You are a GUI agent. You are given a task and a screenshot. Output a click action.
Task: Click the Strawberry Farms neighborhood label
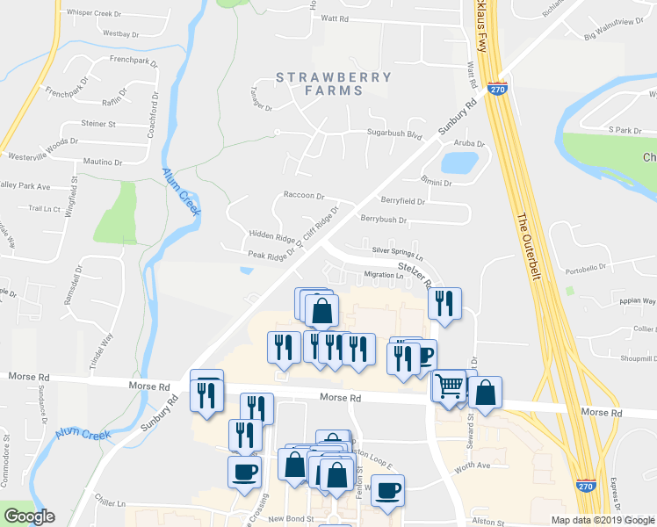point(334,83)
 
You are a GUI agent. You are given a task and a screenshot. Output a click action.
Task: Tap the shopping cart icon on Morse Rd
point(448,385)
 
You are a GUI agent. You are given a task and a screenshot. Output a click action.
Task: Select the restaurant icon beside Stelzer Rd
point(444,304)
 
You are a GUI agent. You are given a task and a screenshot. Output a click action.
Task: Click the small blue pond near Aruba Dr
point(459,162)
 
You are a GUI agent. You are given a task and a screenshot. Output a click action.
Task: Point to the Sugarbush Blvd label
point(394,134)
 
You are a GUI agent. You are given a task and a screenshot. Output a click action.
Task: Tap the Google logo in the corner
point(28,516)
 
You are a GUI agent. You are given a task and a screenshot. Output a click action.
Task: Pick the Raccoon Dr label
point(304,196)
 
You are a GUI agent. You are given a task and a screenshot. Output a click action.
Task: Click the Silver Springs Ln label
point(397,252)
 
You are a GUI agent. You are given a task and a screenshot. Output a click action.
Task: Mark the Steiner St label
point(98,124)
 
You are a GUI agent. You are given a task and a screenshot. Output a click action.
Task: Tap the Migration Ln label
point(383,275)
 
